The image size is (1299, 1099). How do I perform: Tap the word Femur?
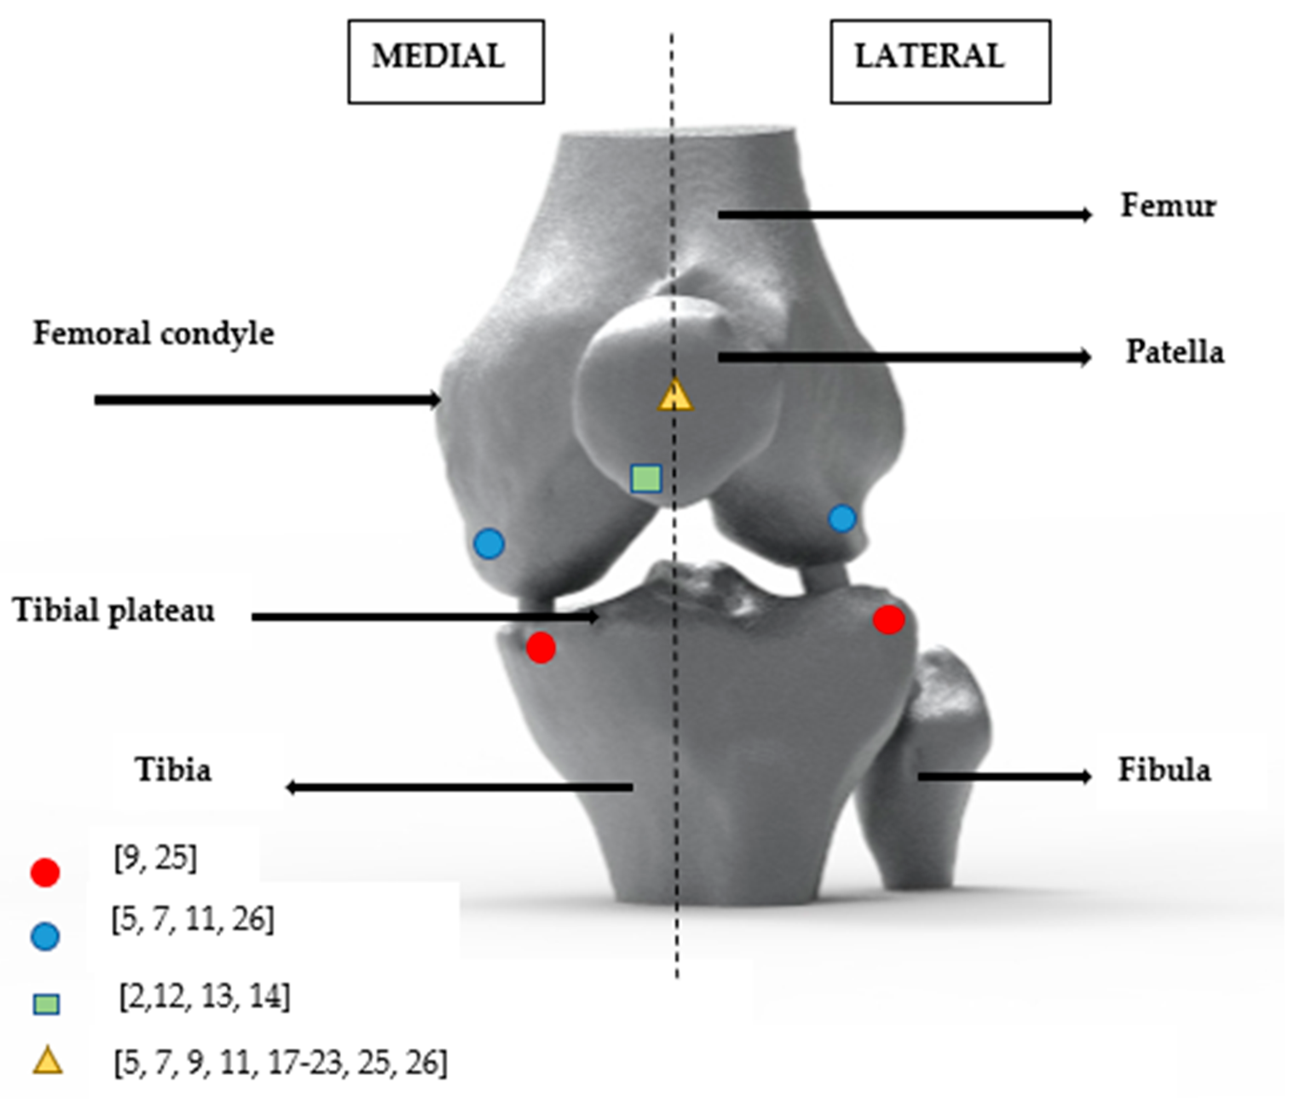tap(1167, 206)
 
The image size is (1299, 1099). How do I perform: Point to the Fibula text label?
tap(1164, 770)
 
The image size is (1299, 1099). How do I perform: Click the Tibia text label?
tap(173, 770)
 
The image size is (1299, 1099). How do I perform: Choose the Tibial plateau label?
tap(113, 610)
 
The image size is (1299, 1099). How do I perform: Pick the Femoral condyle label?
tap(153, 333)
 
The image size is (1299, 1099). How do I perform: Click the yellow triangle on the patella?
tap(675, 396)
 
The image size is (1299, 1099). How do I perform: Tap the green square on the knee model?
tap(645, 478)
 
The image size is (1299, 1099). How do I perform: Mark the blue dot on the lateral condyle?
tap(842, 518)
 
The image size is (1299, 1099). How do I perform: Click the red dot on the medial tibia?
tap(540, 648)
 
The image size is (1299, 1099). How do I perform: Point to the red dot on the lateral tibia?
tap(888, 620)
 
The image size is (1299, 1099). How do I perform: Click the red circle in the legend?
tap(45, 872)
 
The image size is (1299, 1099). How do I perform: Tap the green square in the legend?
tap(46, 1004)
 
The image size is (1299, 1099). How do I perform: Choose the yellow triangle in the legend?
tap(47, 1061)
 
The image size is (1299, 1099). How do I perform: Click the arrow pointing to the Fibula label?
tap(1004, 776)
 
